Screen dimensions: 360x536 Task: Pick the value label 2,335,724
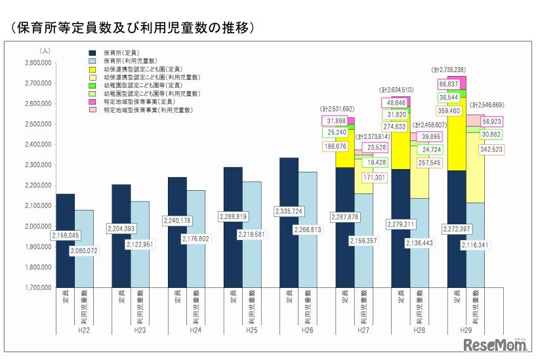pyautogui.click(x=289, y=212)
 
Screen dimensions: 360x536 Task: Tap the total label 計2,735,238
pyautogui.click(x=448, y=69)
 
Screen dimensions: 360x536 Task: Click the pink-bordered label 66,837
pyautogui.click(x=449, y=85)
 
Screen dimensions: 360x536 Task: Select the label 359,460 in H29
pyautogui.click(x=449, y=111)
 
